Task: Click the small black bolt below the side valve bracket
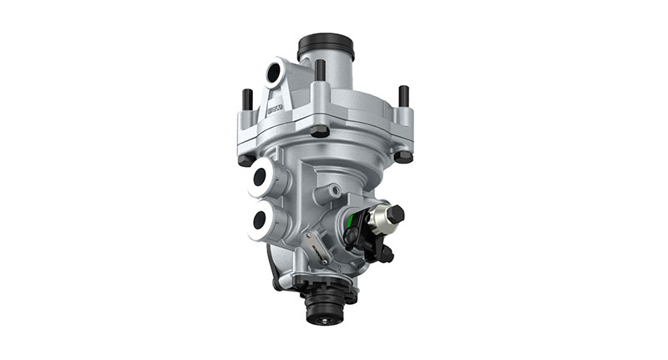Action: [x=386, y=253]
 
